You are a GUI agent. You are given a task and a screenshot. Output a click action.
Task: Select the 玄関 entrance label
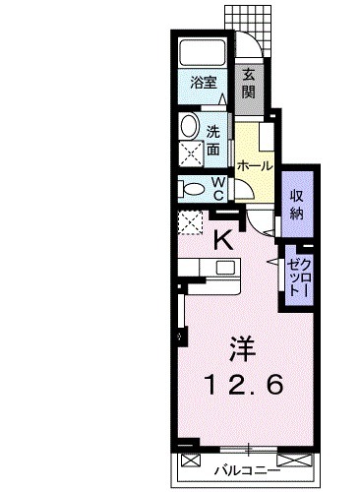tap(250, 83)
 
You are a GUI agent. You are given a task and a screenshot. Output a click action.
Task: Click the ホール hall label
tap(254, 165)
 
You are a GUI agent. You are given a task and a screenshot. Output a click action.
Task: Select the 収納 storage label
tap(295, 203)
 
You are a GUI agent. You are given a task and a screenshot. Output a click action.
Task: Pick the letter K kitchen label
tap(224, 239)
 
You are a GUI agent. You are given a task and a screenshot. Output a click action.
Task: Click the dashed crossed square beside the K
tap(190, 222)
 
